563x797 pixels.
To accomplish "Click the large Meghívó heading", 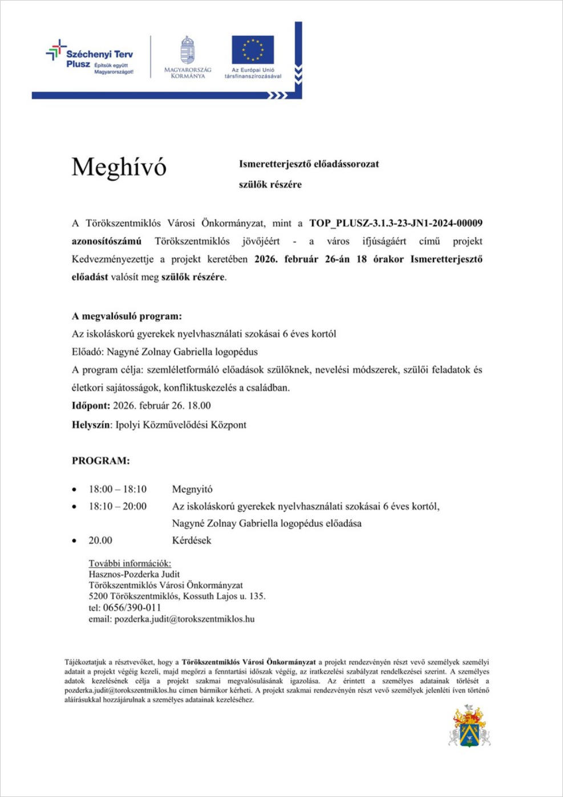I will pyautogui.click(x=119, y=167).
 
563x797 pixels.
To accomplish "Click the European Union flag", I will pyautogui.click(x=252, y=50).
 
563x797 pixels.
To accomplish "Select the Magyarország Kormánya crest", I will pyautogui.click(x=187, y=51).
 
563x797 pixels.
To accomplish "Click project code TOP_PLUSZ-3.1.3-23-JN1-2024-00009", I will pyautogui.click(x=395, y=223).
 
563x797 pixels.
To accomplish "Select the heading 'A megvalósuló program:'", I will pyautogui.click(x=127, y=316).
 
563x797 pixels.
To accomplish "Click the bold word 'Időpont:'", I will pyautogui.click(x=91, y=405).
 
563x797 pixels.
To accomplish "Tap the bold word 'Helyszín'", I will pyautogui.click(x=91, y=425).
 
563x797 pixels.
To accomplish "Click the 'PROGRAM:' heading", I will pyautogui.click(x=100, y=461).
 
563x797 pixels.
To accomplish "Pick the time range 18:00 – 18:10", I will pyautogui.click(x=118, y=489).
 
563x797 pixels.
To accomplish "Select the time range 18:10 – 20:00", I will pyautogui.click(x=118, y=506).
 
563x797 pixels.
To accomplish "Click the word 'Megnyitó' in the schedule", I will pyautogui.click(x=192, y=489).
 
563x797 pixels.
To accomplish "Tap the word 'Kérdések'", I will pyautogui.click(x=192, y=540).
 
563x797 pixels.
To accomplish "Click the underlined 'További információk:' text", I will pyautogui.click(x=129, y=563).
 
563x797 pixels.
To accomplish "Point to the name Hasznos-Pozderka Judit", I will pyautogui.click(x=134, y=574).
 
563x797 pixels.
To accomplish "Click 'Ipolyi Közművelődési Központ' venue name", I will pyautogui.click(x=181, y=425).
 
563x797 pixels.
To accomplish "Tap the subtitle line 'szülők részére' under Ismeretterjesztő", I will pyautogui.click(x=270, y=185).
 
